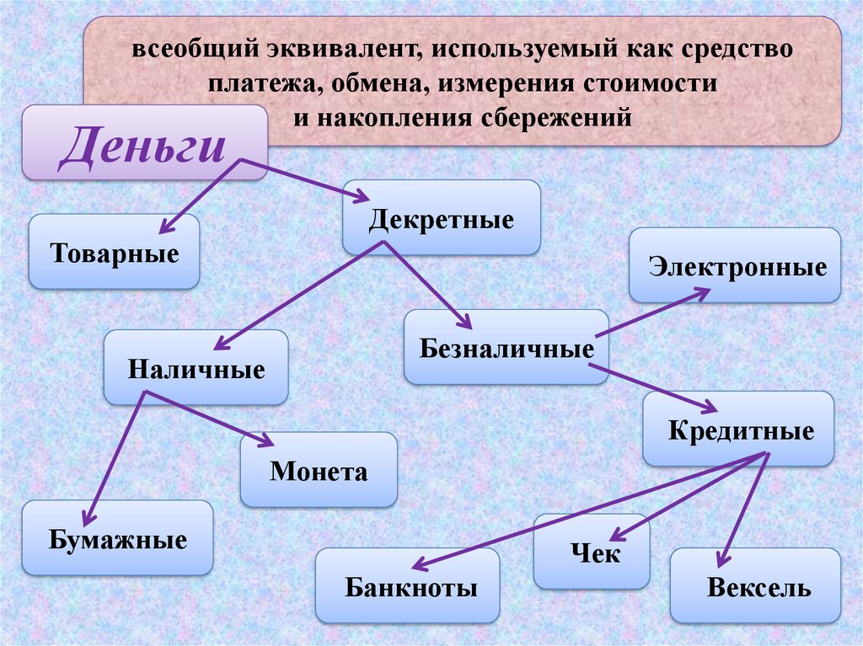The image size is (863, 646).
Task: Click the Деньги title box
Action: point(144,142)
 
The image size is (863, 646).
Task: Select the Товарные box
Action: point(114,252)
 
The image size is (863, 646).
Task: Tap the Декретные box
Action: point(441,218)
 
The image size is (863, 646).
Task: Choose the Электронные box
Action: point(735,265)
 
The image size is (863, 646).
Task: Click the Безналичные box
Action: point(506,347)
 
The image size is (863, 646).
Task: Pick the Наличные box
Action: point(196,367)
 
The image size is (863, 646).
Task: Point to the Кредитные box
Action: point(738,430)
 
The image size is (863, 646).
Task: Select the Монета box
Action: point(319,469)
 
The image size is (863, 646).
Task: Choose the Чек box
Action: point(592,552)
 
